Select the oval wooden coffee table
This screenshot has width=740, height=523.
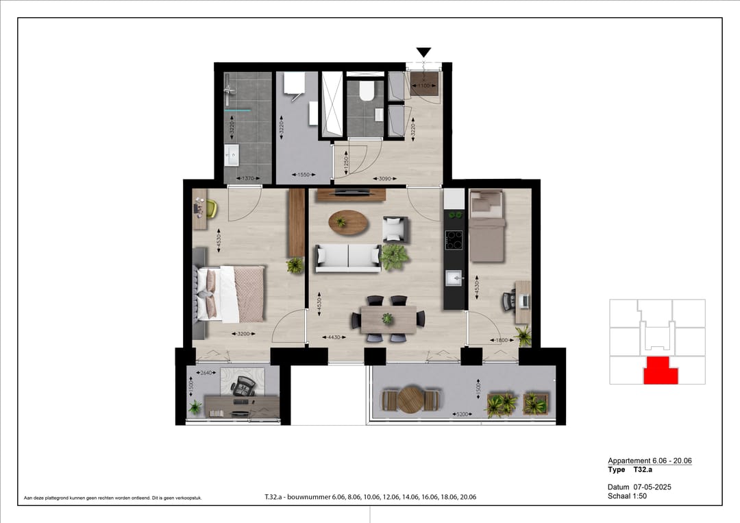(x=347, y=222)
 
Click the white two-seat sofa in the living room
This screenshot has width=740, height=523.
(x=347, y=258)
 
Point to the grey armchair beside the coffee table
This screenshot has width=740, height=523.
(x=395, y=229)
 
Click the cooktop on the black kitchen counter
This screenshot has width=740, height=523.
(x=454, y=240)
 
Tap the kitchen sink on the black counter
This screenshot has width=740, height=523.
(x=454, y=278)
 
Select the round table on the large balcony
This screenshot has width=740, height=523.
(x=411, y=400)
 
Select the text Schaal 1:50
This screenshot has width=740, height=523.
(x=627, y=496)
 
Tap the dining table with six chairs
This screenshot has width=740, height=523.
(x=388, y=319)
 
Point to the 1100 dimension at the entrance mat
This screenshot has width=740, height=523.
(x=424, y=86)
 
